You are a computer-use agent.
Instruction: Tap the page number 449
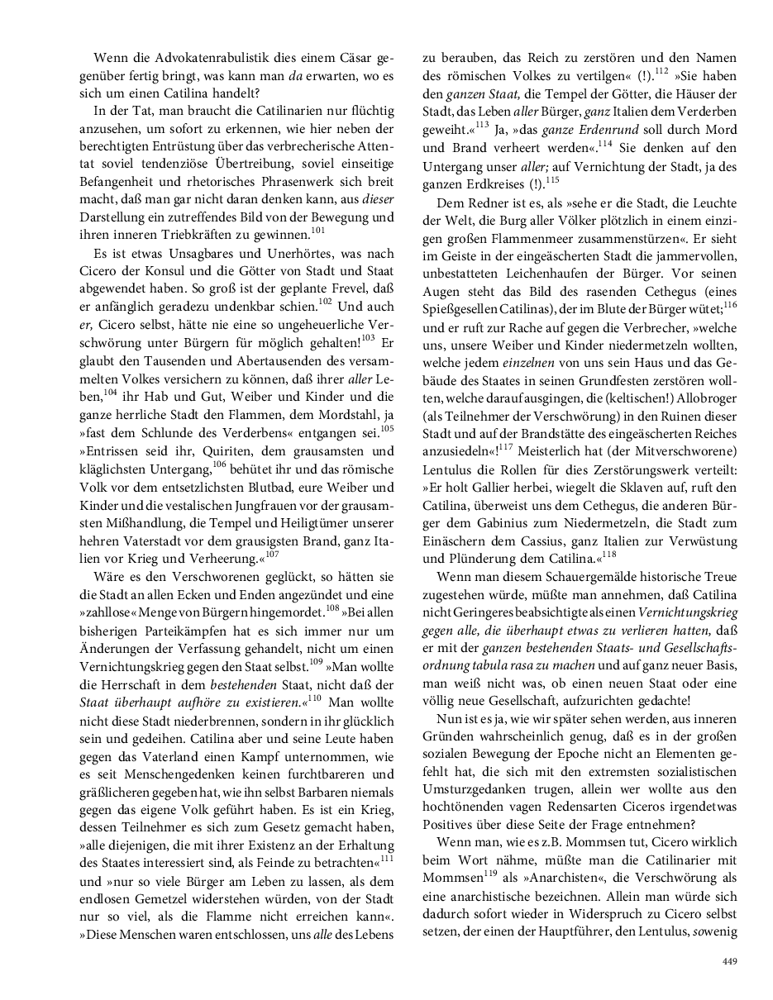point(728,960)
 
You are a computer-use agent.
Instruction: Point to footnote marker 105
point(387,427)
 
